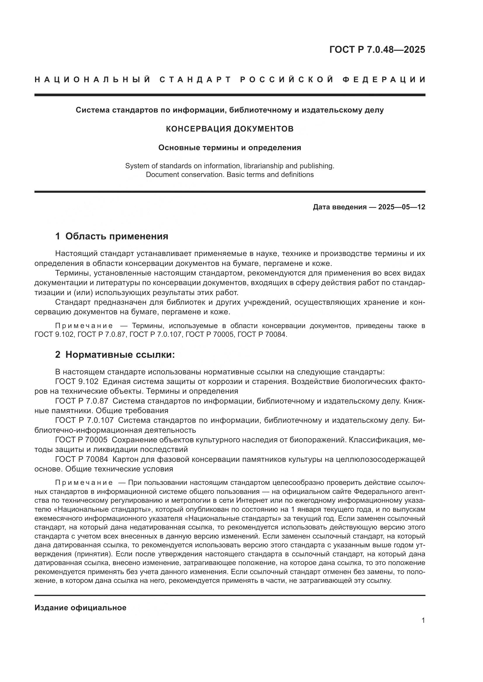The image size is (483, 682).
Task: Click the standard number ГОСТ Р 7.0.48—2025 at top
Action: pos(377,50)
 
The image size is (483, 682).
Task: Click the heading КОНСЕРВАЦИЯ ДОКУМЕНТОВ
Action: pos(230,129)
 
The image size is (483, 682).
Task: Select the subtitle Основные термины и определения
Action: pos(230,148)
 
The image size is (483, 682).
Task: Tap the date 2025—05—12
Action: pos(402,207)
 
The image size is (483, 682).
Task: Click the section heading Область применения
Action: pos(117,236)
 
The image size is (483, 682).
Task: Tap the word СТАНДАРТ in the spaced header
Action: pos(195,80)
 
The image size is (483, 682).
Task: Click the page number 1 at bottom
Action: pos(423,620)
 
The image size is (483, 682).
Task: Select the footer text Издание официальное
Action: pos(80,608)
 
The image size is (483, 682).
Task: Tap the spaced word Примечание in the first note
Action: pos(84,326)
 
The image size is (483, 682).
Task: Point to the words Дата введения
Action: pos(339,207)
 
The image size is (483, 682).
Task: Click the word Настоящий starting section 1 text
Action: pos(76,254)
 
